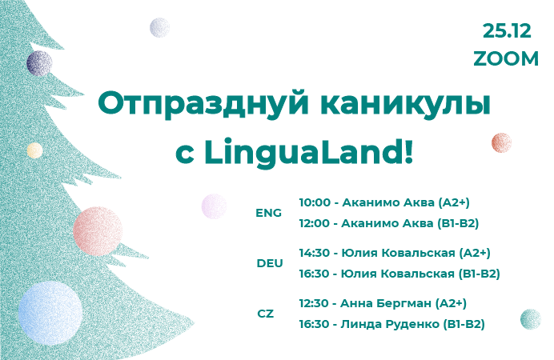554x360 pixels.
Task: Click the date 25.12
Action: click(507, 31)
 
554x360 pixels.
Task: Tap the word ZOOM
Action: click(506, 58)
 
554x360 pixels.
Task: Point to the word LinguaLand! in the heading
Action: click(308, 152)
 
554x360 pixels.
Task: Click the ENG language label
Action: click(268, 213)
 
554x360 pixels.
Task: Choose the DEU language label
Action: click(270, 263)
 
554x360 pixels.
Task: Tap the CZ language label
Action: click(265, 314)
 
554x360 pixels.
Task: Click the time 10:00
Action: click(315, 202)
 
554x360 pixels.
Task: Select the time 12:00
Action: click(314, 223)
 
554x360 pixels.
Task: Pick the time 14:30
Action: click(315, 253)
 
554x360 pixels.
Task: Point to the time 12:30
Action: click(314, 303)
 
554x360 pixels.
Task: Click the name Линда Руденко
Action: click(390, 324)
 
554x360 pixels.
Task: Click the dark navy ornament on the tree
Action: click(39, 63)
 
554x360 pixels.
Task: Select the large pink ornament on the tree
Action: click(98, 231)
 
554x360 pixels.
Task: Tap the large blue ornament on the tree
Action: click(50, 313)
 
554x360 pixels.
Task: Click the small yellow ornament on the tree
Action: click(35, 150)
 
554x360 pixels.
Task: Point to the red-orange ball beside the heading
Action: click(501, 143)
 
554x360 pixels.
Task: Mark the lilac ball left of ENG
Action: click(214, 206)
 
